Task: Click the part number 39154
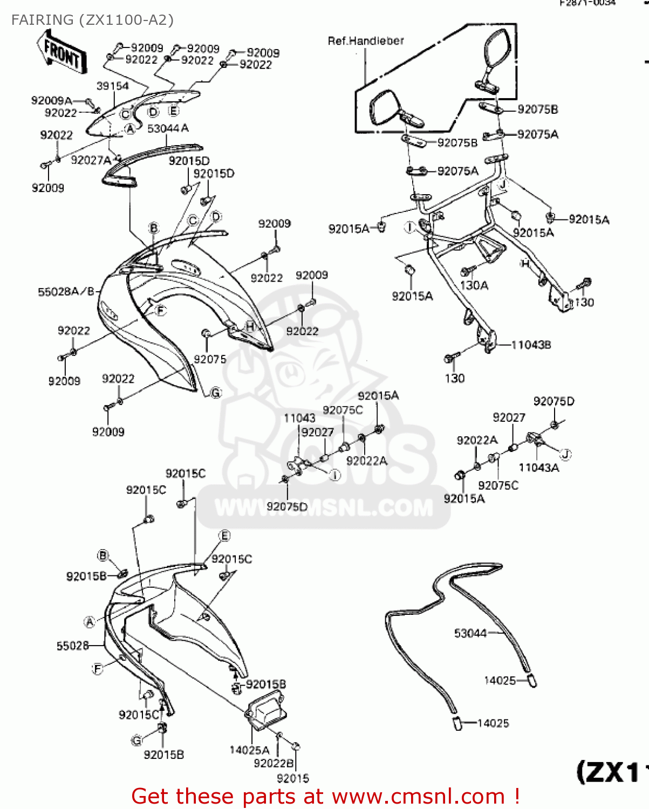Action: pyautogui.click(x=112, y=86)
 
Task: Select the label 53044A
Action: pyautogui.click(x=168, y=128)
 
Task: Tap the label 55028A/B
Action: pyautogui.click(x=66, y=292)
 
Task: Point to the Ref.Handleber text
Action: pyautogui.click(x=365, y=40)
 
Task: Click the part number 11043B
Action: pyautogui.click(x=531, y=345)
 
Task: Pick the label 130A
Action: pyautogui.click(x=474, y=285)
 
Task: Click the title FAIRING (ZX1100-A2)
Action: pyautogui.click(x=92, y=20)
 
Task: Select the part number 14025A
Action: pyautogui.click(x=249, y=750)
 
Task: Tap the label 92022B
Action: pyautogui.click(x=274, y=763)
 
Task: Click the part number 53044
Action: pyautogui.click(x=470, y=633)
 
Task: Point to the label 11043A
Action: pyautogui.click(x=538, y=468)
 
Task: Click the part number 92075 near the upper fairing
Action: pyautogui.click(x=210, y=359)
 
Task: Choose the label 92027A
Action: pyautogui.click(x=91, y=160)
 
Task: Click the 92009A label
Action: pyautogui.click(x=51, y=100)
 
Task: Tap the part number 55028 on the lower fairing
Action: pyautogui.click(x=72, y=646)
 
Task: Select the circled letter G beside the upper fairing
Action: pyautogui.click(x=216, y=393)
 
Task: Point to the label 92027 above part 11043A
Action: pyautogui.click(x=508, y=417)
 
